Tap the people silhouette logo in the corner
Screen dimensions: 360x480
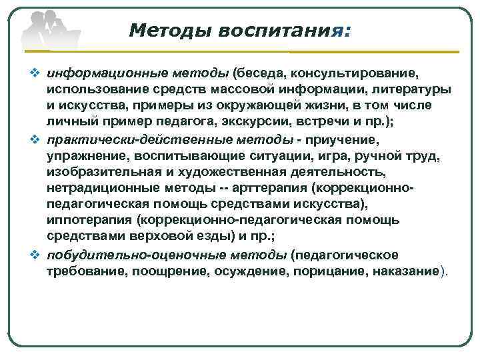click(45, 30)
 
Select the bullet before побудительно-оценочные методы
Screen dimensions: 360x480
click(37, 255)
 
